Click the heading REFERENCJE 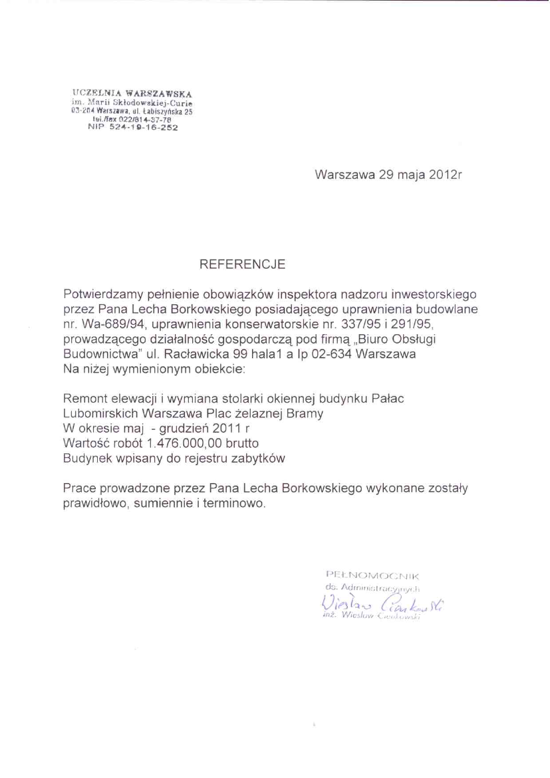click(x=243, y=265)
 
